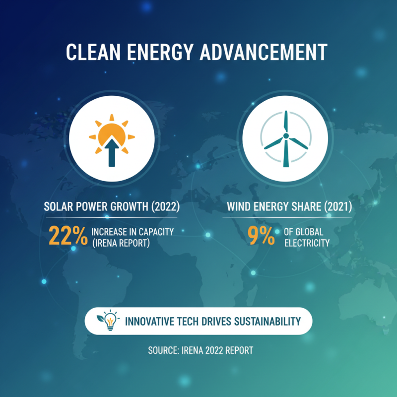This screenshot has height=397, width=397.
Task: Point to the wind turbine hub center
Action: (x=286, y=135)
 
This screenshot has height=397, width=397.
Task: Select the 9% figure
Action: (x=262, y=235)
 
